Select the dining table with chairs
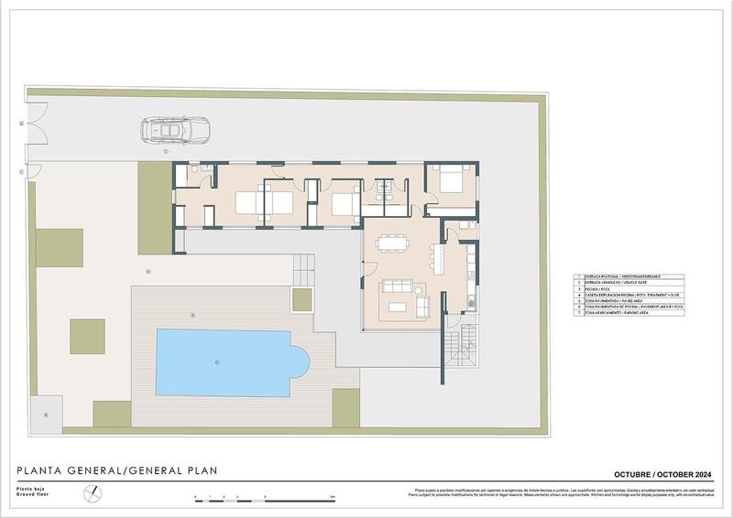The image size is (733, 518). coord(392,243)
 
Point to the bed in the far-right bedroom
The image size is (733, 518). coord(451,180)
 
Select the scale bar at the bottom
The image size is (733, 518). coord(266,498)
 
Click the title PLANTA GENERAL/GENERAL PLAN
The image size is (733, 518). coord(117,471)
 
